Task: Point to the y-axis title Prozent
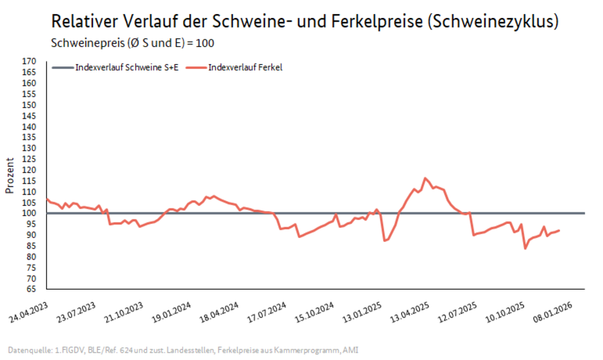[9, 176]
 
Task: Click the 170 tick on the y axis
[28, 61]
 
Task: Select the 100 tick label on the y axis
[28, 213]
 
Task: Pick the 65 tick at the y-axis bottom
[30, 290]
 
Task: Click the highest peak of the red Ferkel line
[425, 178]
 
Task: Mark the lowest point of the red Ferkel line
[525, 248]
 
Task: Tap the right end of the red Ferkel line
[559, 231]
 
